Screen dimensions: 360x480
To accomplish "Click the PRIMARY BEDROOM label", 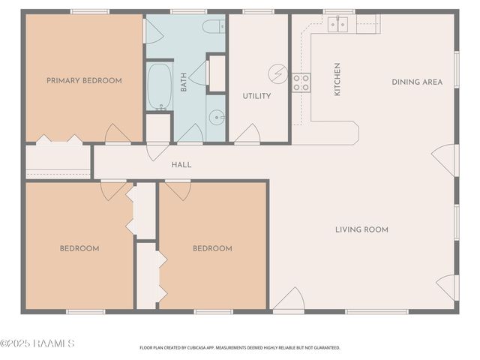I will tap(84, 81).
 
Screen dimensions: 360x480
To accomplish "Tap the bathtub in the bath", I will tap(160, 86).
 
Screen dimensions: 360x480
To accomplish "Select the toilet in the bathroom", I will tap(213, 27).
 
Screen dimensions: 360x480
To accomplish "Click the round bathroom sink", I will tap(215, 117).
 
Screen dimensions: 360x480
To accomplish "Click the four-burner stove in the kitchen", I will tap(301, 82).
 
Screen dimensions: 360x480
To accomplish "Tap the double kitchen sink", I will tap(337, 25).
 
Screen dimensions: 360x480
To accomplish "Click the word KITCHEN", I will tap(337, 79).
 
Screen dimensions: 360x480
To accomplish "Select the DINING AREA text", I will tap(417, 82).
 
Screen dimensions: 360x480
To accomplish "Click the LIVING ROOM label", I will tap(361, 229).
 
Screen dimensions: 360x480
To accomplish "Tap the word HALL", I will tap(181, 165).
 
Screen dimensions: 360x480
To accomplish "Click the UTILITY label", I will tap(256, 96).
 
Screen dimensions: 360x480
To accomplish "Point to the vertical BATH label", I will tap(184, 82).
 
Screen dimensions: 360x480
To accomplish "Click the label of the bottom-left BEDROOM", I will tap(79, 248).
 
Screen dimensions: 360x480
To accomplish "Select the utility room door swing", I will tap(247, 134).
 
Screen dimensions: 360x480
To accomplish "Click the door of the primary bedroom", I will tap(118, 134).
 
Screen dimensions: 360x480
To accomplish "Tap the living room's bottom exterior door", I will tap(289, 301).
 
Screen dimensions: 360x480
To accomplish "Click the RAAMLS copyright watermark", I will tap(37, 343).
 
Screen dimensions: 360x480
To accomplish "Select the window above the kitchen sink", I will tap(339, 11).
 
